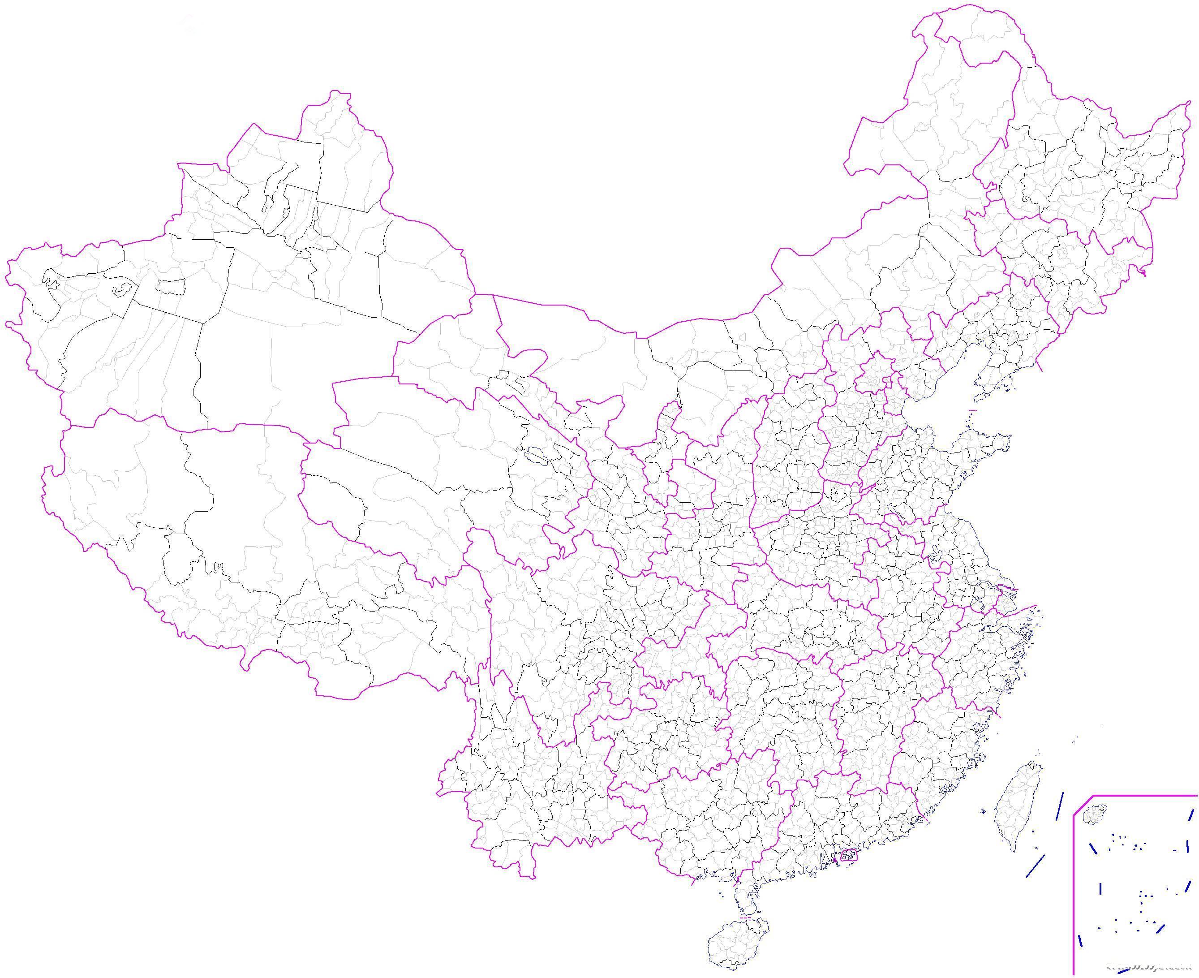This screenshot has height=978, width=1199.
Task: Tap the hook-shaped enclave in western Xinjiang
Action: tap(120, 289)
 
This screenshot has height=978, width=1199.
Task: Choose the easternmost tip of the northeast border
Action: tap(1190, 102)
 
